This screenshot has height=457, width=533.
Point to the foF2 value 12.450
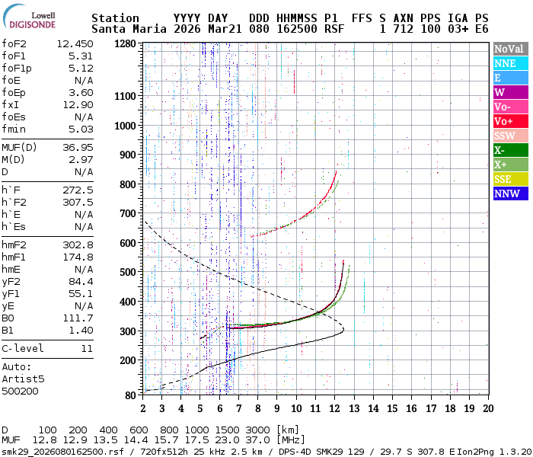75,43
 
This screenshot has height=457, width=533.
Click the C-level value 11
87,348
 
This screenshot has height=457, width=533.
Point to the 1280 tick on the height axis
126,44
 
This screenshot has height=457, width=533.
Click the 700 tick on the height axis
129,213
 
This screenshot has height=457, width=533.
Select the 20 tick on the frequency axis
488,408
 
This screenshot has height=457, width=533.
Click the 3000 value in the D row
259,430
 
